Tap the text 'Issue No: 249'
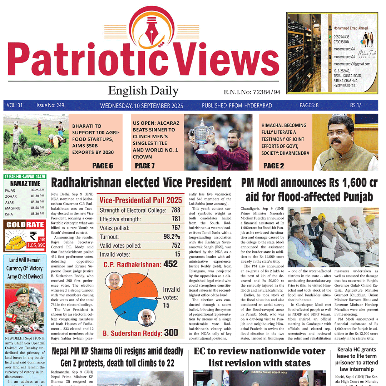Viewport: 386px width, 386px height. pos(50,105)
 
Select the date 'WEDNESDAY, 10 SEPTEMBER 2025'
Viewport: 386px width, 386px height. pos(142,106)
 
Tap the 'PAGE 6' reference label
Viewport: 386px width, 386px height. pos(103,165)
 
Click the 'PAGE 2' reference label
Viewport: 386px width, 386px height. pos(273,165)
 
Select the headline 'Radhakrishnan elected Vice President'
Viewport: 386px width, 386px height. pos(141,182)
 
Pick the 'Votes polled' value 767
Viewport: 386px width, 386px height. pos(175,228)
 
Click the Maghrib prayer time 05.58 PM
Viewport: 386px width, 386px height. pos(38,208)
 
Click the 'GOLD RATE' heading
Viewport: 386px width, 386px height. pos(25,225)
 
